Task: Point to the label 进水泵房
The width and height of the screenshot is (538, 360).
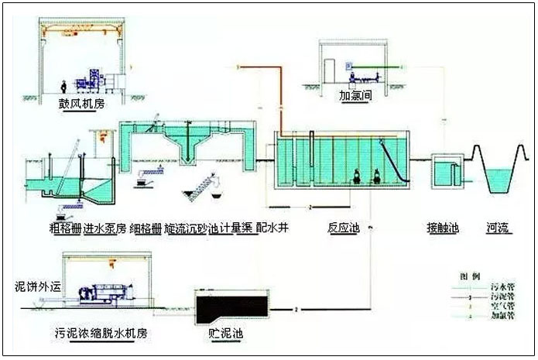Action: click(x=103, y=229)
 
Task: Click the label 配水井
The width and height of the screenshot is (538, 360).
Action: click(x=272, y=229)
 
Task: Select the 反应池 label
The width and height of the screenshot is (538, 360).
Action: click(x=344, y=229)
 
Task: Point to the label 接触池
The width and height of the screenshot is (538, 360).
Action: click(x=443, y=229)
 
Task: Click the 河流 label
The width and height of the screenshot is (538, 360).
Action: click(x=497, y=229)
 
